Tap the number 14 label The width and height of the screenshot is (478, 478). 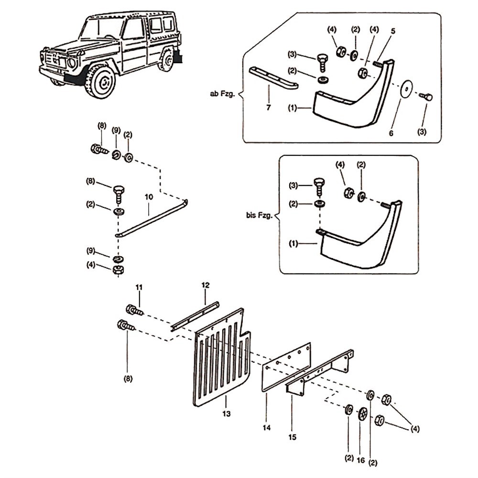pyautogui.click(x=266, y=428)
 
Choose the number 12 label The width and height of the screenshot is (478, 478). pyautogui.click(x=206, y=285)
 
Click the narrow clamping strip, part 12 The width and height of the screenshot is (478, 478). pyautogui.click(x=195, y=316)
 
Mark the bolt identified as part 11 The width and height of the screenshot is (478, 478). pyautogui.click(x=134, y=311)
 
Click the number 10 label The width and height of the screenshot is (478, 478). pyautogui.click(x=148, y=196)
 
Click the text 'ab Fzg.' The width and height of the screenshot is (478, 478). pyautogui.click(x=222, y=94)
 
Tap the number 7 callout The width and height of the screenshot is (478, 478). pyautogui.click(x=269, y=108)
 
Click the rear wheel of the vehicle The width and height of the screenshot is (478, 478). pyautogui.click(x=167, y=61)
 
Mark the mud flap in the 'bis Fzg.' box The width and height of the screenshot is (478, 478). pyautogui.click(x=358, y=244)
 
